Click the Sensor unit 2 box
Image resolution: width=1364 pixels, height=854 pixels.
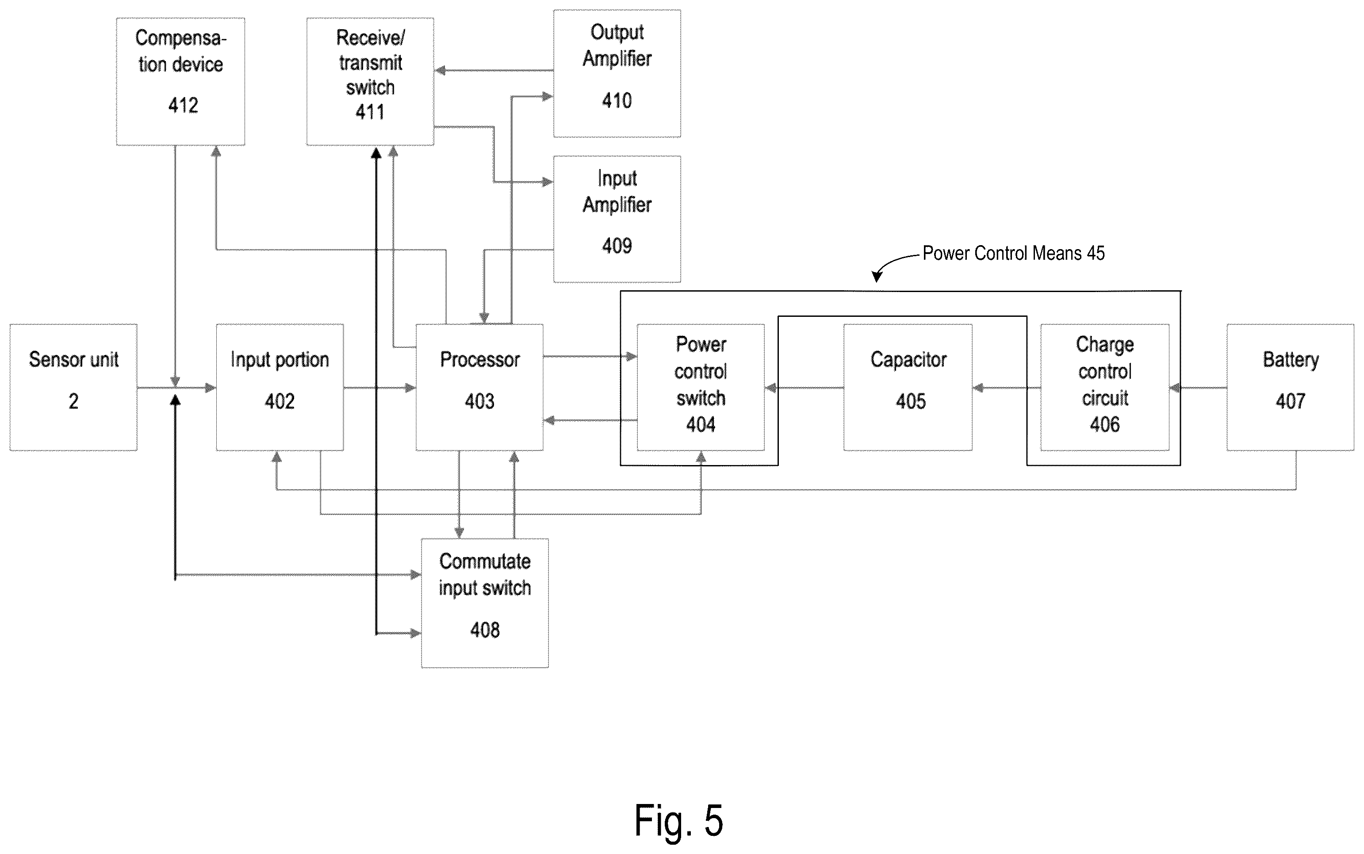coord(73,388)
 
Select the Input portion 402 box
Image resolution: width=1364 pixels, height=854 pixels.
coord(280,388)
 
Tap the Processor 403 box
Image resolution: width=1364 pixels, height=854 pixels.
coord(480,388)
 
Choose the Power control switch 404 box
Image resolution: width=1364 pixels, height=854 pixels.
coord(701,388)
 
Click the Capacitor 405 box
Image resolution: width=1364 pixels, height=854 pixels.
coord(908,388)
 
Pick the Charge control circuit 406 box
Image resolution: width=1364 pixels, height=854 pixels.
coord(1105,388)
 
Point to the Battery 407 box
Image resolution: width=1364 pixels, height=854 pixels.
coord(1291,388)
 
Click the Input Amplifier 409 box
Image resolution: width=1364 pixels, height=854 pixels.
coord(617,219)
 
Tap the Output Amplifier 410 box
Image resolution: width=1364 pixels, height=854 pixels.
coord(617,73)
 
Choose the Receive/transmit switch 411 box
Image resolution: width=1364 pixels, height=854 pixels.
coord(370,81)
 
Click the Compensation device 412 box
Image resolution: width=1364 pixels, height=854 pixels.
coord(180,81)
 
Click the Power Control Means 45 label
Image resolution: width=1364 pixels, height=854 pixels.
coord(1013,253)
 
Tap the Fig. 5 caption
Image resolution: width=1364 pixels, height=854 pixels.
coord(678,821)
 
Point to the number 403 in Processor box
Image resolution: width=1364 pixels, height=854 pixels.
coord(480,401)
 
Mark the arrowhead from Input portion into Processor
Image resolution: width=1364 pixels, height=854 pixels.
coord(410,388)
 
